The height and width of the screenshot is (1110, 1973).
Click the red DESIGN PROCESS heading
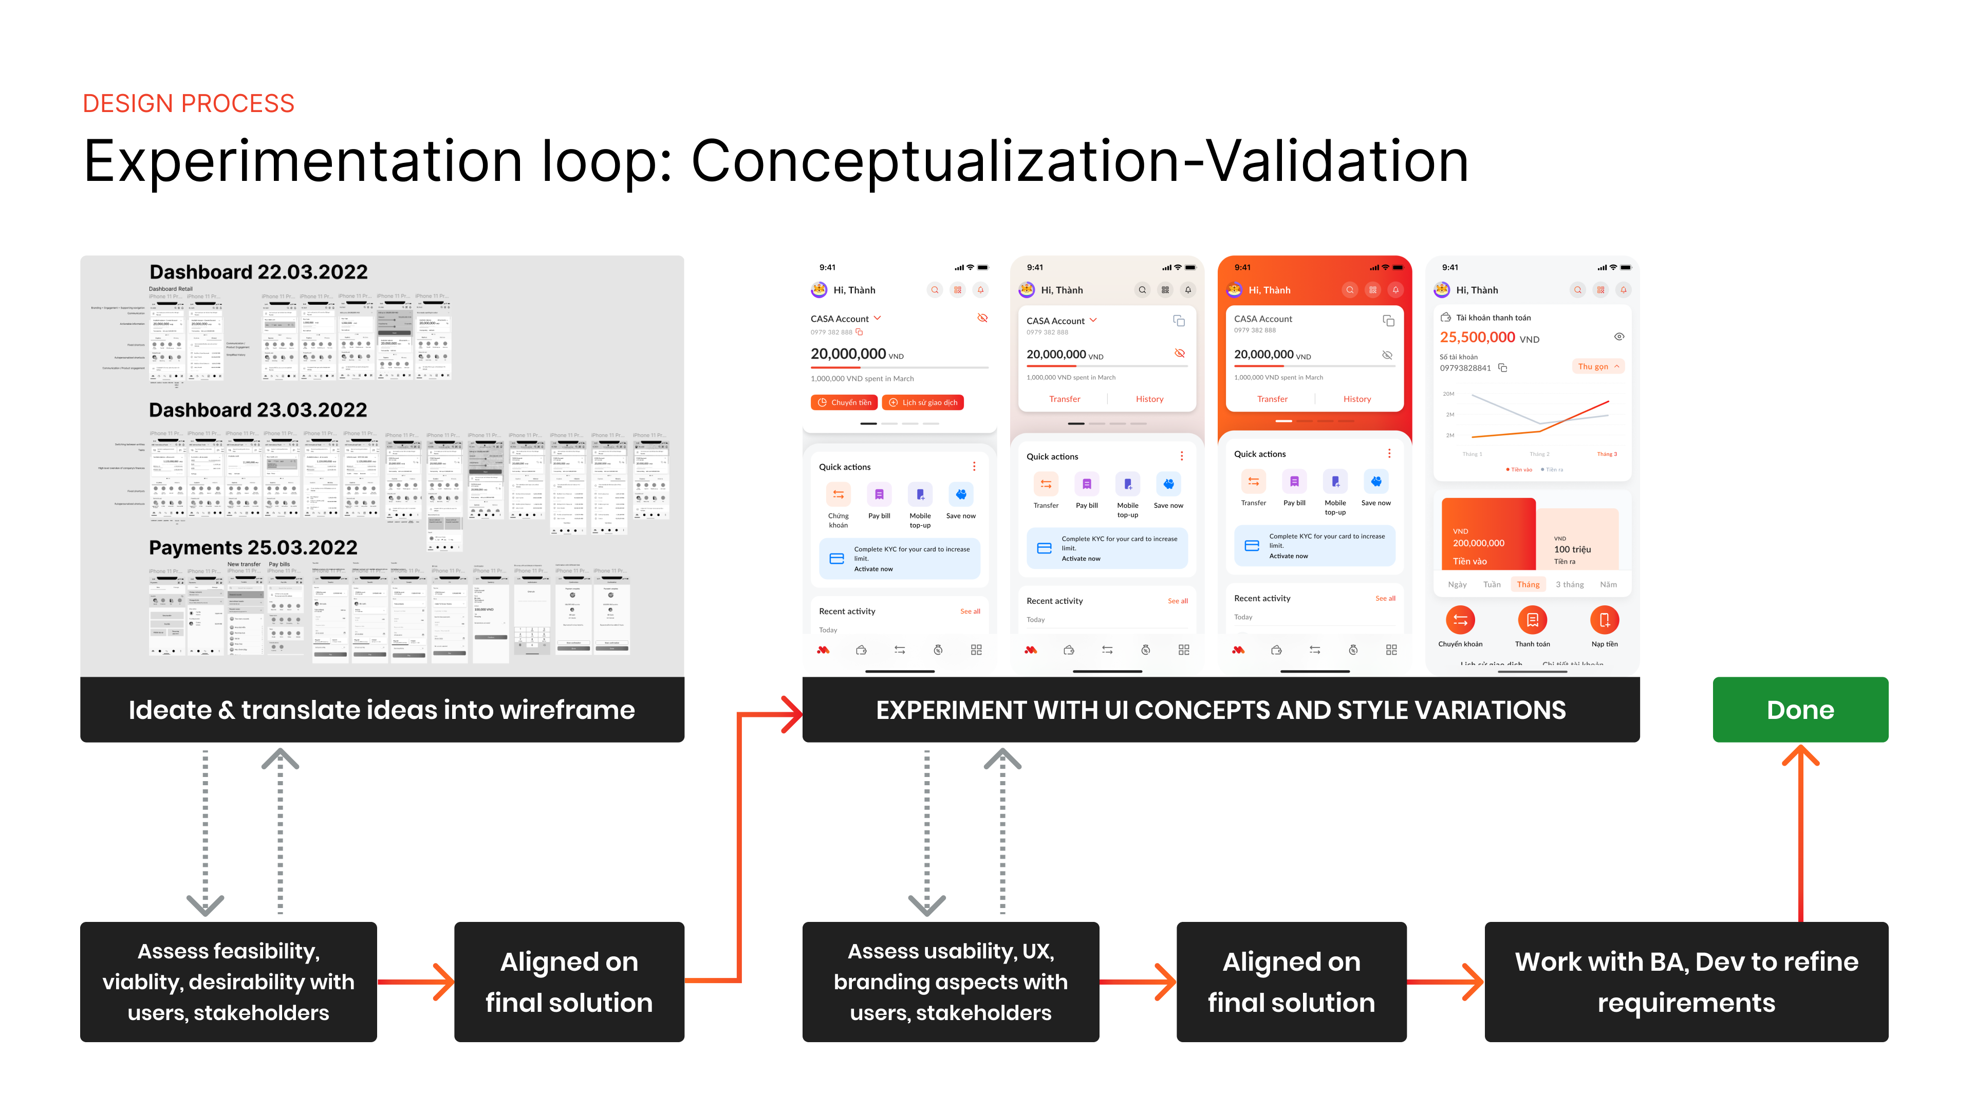click(x=189, y=103)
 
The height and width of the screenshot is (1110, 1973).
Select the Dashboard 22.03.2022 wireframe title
click(x=258, y=272)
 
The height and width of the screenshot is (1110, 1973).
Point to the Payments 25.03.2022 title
click(x=253, y=548)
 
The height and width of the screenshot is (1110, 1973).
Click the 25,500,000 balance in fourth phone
click(x=1478, y=337)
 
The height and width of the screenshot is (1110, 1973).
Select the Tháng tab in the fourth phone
click(x=1528, y=584)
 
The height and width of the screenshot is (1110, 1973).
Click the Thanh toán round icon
click(x=1532, y=620)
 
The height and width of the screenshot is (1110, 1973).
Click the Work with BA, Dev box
click(x=1686, y=982)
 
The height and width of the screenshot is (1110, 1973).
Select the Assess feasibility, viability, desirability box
click(x=228, y=982)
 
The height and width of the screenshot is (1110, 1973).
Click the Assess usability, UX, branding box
click(x=951, y=982)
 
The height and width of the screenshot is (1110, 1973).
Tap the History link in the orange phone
click(x=1356, y=399)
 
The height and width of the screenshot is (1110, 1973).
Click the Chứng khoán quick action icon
click(x=838, y=495)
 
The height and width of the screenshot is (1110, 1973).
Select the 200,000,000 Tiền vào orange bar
click(x=1487, y=534)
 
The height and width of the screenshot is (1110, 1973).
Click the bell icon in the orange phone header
click(x=1395, y=289)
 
